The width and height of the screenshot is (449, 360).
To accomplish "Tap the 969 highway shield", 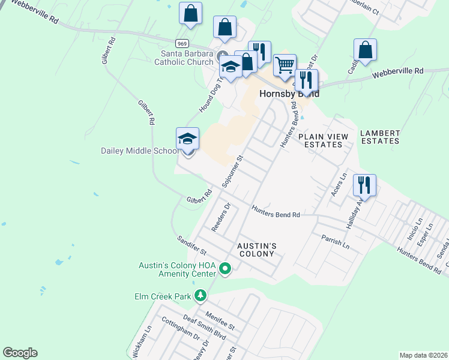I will (182, 43).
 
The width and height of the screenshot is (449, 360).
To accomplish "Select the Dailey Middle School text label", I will (139, 151).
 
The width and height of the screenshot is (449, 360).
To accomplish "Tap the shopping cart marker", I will (285, 65).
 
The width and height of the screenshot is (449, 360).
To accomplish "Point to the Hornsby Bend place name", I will (288, 94).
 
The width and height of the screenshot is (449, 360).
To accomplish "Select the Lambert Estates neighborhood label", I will (380, 137).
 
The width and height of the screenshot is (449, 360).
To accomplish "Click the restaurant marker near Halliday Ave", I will (364, 186).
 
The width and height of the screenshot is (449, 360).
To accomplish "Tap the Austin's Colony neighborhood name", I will (256, 250).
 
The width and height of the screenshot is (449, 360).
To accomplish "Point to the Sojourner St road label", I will (232, 172).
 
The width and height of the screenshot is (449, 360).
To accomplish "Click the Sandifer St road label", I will (191, 244).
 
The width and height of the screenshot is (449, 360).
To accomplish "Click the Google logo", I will (20, 353).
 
